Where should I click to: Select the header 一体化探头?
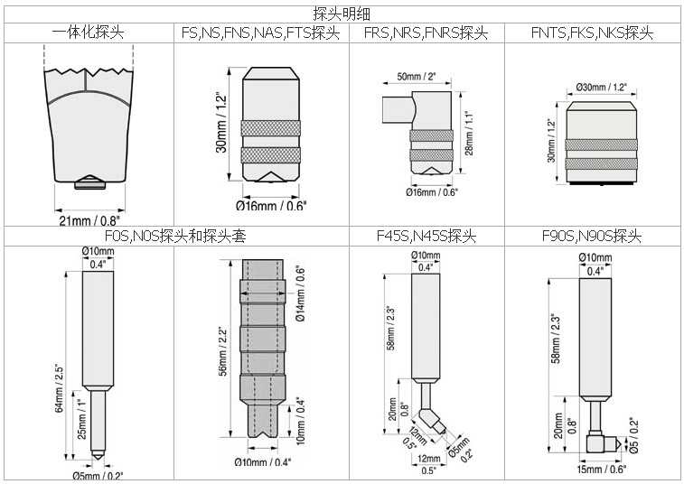tap(88, 33)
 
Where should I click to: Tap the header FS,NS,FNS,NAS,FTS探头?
tap(261, 33)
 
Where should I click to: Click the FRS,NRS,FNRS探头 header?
tap(426, 33)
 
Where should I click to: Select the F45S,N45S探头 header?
tap(426, 237)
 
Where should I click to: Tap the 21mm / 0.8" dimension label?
tap(89, 219)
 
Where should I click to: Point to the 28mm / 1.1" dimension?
tap(468, 134)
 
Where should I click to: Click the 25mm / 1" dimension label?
tap(80, 420)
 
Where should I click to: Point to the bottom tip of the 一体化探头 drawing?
tap(89, 182)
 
